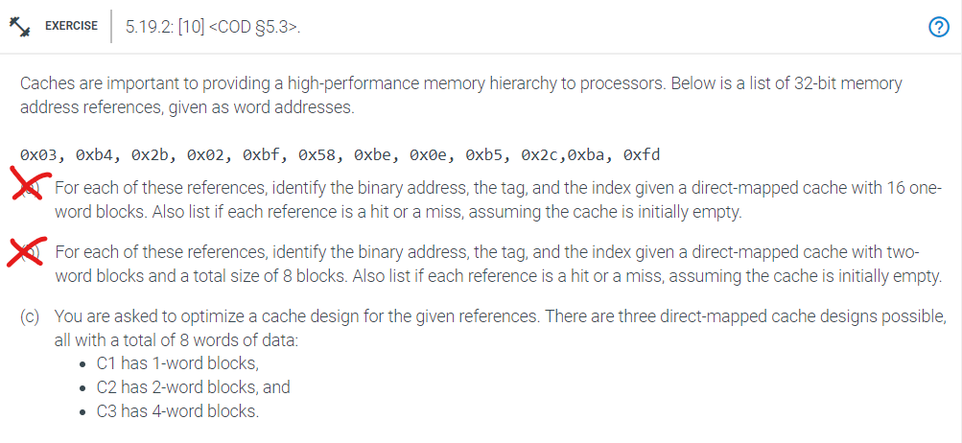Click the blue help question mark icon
coord(940,27)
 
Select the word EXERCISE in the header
coord(71,26)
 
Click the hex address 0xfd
coord(641,154)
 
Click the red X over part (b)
coord(28,253)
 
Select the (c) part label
coord(30,315)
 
